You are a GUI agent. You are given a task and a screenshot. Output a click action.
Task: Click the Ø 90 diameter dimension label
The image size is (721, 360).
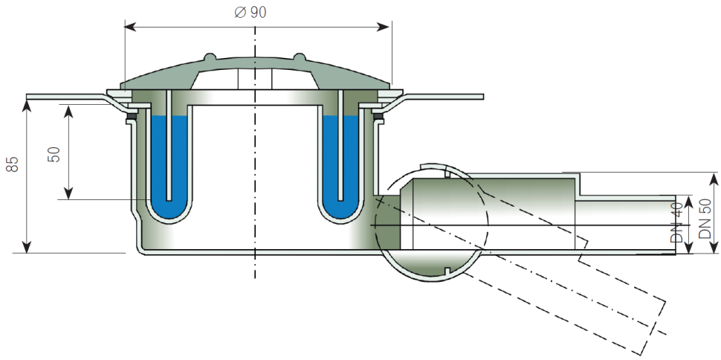pos(250,13)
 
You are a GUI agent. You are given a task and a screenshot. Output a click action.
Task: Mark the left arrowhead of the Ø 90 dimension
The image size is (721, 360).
pos(128,27)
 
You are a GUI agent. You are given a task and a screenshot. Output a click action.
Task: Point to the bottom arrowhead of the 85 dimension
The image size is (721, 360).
pos(28,248)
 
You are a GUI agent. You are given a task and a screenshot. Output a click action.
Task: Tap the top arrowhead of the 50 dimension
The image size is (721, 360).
pos(68,110)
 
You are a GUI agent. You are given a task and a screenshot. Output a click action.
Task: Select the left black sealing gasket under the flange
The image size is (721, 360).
pos(131,118)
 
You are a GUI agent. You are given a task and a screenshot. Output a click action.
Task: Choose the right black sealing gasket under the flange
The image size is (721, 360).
pos(378,118)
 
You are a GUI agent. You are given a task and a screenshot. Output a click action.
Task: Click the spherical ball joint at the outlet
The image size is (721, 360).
pos(431,223)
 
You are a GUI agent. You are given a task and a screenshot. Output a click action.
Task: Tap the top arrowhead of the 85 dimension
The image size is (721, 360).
pos(28,102)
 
